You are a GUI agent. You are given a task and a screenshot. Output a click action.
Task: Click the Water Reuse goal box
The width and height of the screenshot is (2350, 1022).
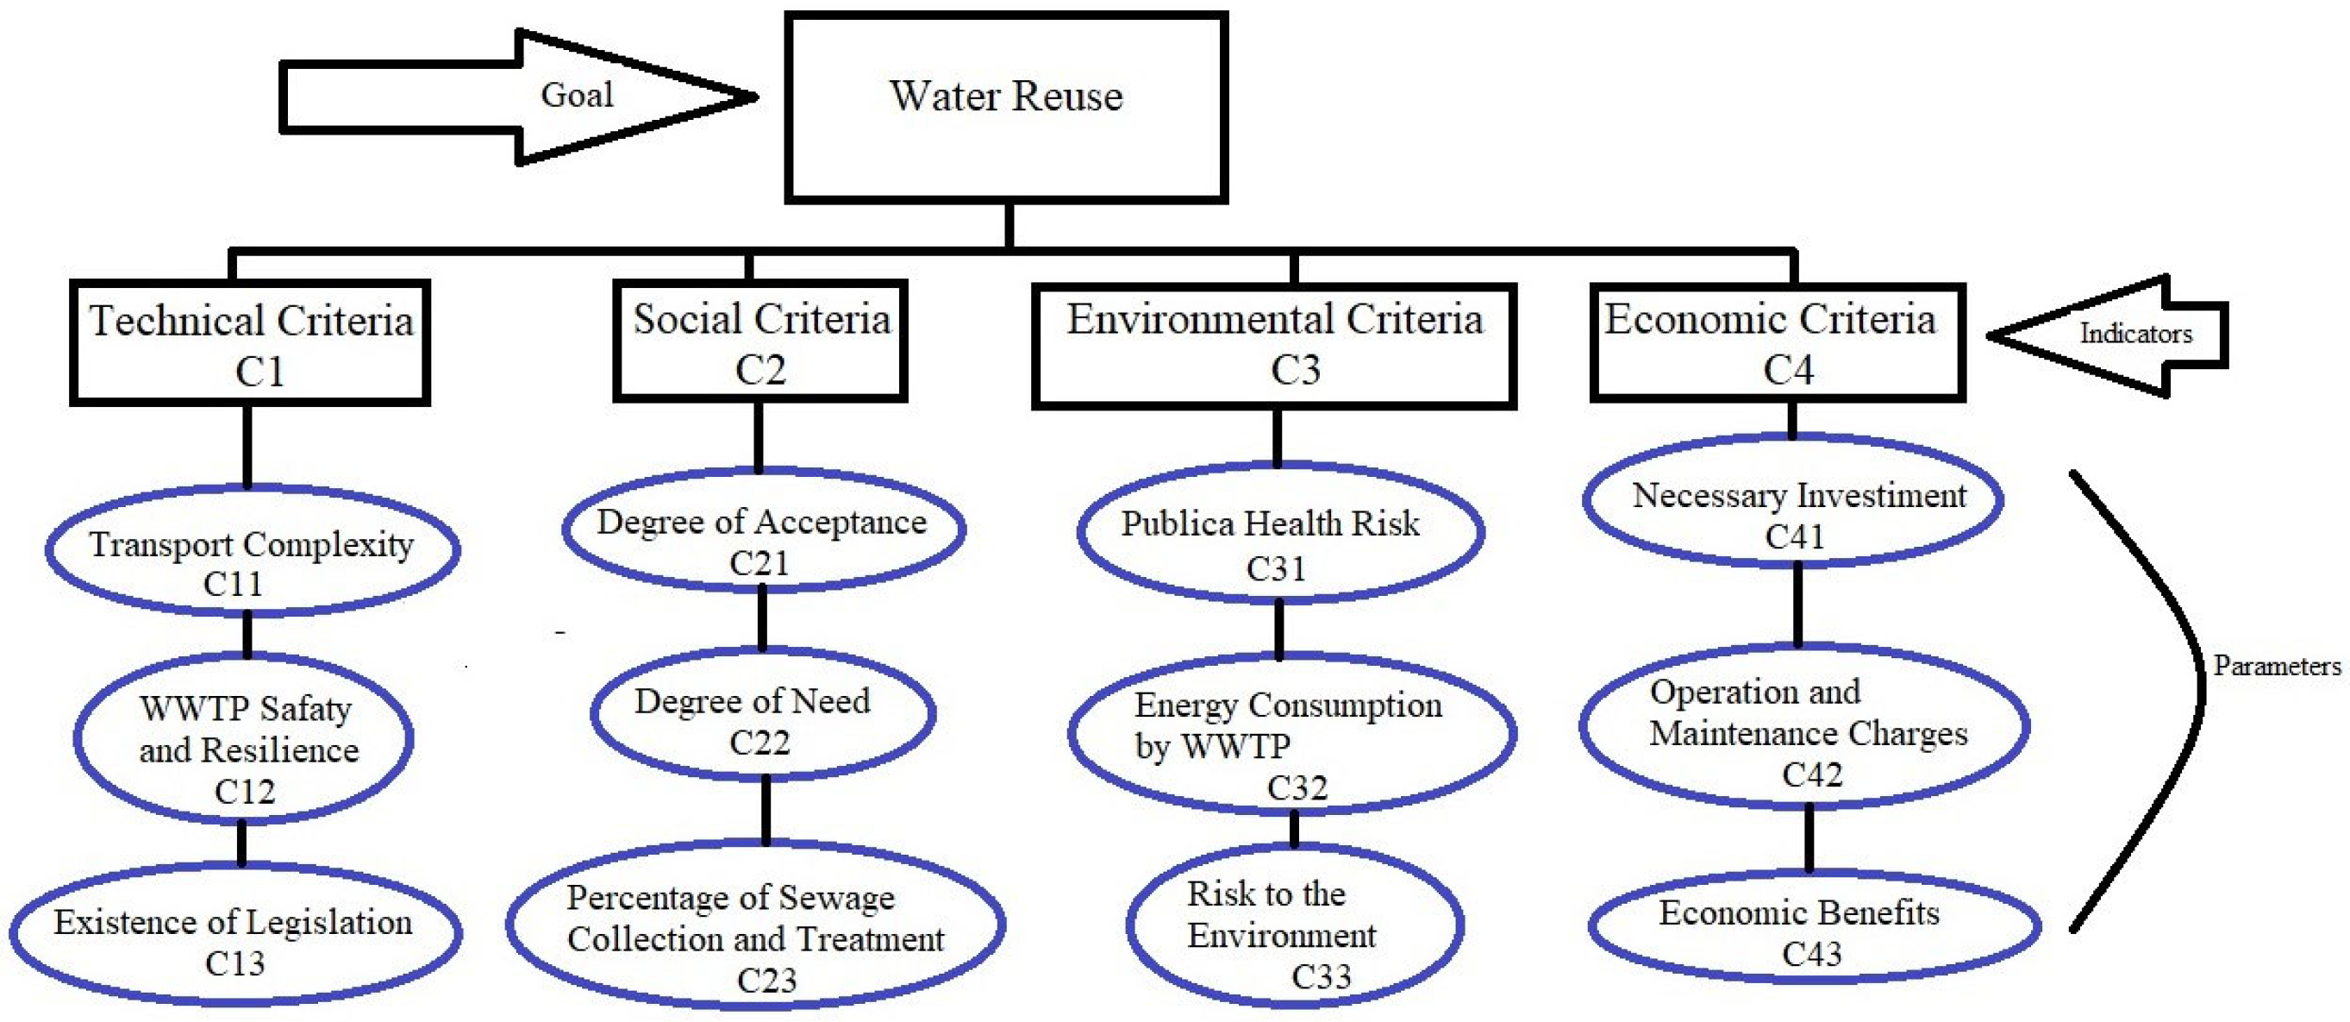tap(1006, 107)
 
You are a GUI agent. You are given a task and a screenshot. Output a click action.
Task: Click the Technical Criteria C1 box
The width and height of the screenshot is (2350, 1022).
tap(250, 343)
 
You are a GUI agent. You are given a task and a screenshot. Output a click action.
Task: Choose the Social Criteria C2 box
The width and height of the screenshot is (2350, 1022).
tap(760, 342)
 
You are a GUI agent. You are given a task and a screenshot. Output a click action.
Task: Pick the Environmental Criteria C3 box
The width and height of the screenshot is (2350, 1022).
tap(1274, 345)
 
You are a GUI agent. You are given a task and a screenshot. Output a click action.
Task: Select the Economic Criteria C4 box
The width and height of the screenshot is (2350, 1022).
tap(1777, 343)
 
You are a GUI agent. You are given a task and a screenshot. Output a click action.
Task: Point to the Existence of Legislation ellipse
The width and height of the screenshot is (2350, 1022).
tap(235, 933)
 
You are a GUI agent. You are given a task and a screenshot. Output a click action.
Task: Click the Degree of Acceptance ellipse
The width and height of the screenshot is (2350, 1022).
tap(763, 531)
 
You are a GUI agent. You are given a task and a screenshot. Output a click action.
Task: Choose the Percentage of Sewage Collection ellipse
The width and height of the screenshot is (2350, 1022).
tap(755, 927)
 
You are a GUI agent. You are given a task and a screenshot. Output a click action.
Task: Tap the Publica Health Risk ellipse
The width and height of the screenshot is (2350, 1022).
tap(1279, 534)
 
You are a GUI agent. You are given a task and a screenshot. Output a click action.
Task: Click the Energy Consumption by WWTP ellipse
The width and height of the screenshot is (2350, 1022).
tap(1291, 736)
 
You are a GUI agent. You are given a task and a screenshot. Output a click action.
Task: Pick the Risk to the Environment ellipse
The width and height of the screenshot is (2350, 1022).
tap(1296, 926)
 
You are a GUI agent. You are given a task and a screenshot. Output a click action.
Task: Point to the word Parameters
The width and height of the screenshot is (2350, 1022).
tap(2276, 666)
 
